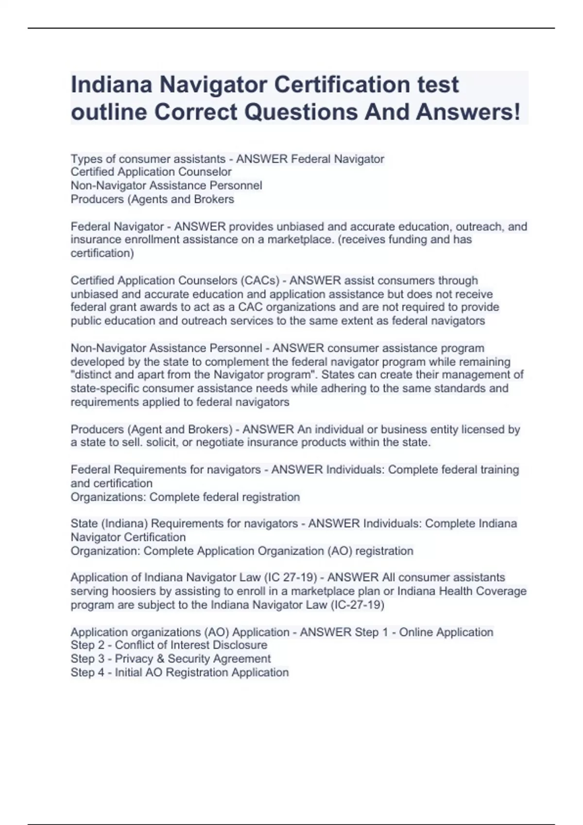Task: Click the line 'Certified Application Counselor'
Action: coord(151,172)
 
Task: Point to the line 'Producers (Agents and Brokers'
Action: coord(152,199)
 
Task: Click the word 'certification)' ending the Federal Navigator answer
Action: coord(102,253)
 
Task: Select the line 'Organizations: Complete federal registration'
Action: coord(185,497)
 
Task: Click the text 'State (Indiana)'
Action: coord(109,524)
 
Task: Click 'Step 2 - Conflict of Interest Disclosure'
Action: coord(169,645)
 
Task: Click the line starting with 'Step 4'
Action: coord(180,672)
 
